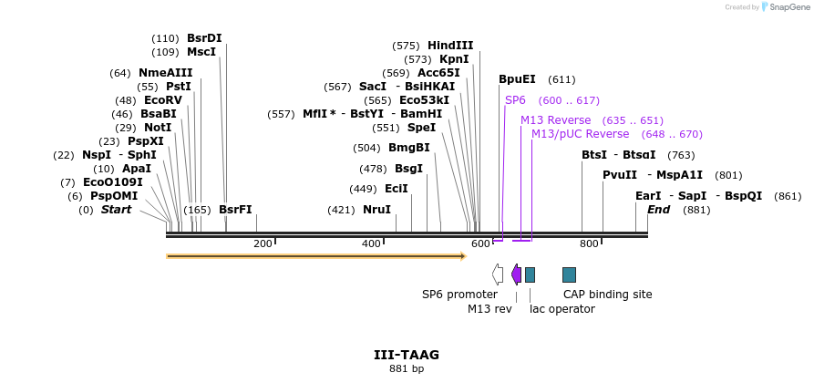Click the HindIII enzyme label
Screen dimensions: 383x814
click(x=450, y=46)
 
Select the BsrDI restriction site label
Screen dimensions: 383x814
click(x=204, y=38)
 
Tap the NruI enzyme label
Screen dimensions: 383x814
click(x=376, y=210)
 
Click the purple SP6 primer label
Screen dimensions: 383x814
click(x=515, y=100)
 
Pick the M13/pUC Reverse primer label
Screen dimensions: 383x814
click(x=580, y=134)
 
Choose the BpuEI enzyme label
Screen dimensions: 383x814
click(x=517, y=79)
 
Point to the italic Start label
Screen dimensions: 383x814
click(x=116, y=210)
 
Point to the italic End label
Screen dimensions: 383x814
click(x=658, y=210)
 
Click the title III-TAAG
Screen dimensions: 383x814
click(x=407, y=355)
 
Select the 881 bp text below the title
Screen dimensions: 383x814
click(x=407, y=369)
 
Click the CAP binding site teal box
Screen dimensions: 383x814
click(x=569, y=274)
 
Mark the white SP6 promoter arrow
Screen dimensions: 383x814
click(x=498, y=274)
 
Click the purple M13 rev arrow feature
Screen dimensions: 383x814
click(x=516, y=274)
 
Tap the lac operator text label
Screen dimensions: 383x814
click(x=562, y=309)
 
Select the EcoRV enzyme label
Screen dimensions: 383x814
click(x=163, y=100)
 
